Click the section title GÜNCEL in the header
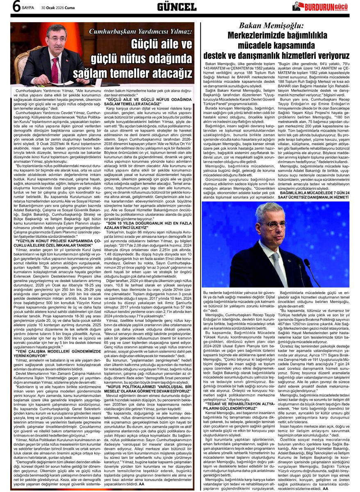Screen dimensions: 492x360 (x=177, y=7)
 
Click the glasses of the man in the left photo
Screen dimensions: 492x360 (x=55, y=40)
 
